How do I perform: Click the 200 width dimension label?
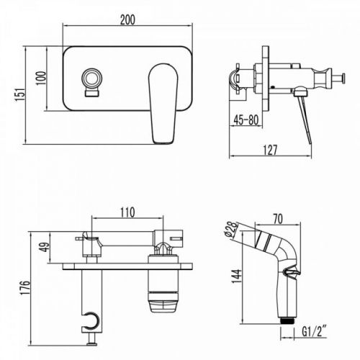pyautogui.click(x=127, y=19)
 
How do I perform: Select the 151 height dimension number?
pyautogui.click(x=20, y=94)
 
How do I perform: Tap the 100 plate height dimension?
pyautogui.click(x=41, y=78)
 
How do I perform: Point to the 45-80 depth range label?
pyautogui.click(x=246, y=120)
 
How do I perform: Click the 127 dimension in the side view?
pyautogui.click(x=270, y=150)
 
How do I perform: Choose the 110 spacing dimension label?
pyautogui.click(x=127, y=212)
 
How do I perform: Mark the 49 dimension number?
pyautogui.click(x=45, y=247)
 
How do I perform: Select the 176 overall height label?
pyautogui.click(x=25, y=287)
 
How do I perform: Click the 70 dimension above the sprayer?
pyautogui.click(x=278, y=219)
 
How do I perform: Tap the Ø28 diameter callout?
pyautogui.click(x=232, y=230)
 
